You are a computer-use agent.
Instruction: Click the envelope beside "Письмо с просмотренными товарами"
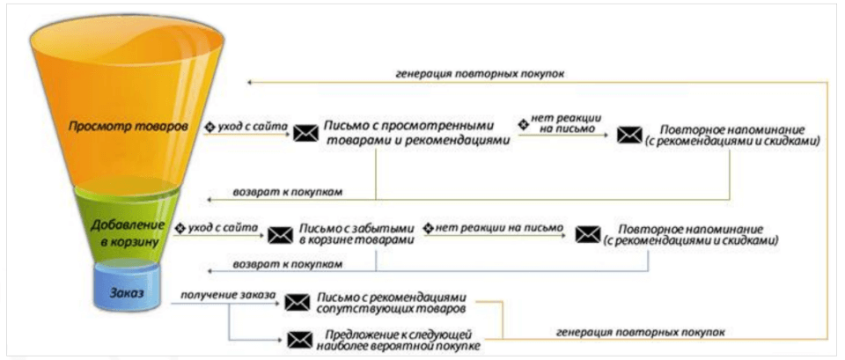(305, 133)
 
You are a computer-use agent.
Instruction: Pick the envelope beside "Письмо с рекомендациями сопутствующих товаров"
(297, 304)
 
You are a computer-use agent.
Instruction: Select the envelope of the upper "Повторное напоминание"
(628, 135)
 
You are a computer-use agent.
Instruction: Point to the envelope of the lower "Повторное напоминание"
(587, 234)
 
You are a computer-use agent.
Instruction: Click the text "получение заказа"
(229, 295)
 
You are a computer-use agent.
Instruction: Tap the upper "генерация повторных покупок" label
(480, 74)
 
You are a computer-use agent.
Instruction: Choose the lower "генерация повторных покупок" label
(640, 332)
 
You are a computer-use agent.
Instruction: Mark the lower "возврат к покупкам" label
(288, 264)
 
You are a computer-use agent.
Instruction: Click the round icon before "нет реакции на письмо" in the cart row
(429, 227)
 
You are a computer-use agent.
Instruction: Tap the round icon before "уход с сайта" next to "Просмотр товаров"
(210, 127)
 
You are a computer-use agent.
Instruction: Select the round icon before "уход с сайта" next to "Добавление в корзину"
(181, 228)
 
